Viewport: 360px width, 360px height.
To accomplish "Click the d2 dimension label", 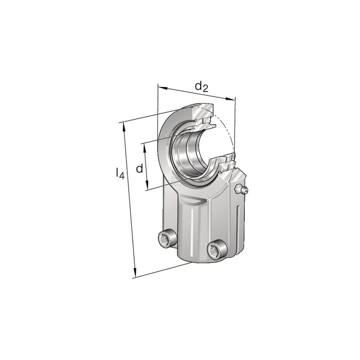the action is (x=201, y=87).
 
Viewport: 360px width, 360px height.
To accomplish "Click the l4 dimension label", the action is (x=120, y=173).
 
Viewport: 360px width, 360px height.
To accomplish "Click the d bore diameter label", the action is (x=139, y=168).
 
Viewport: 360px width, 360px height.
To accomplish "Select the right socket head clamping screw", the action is (x=217, y=249).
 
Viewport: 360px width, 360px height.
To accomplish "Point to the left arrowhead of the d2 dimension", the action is (x=162, y=88).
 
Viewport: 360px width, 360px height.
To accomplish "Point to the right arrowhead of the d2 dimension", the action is (x=230, y=99).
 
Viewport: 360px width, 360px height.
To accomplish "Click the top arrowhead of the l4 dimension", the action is (x=125, y=127).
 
